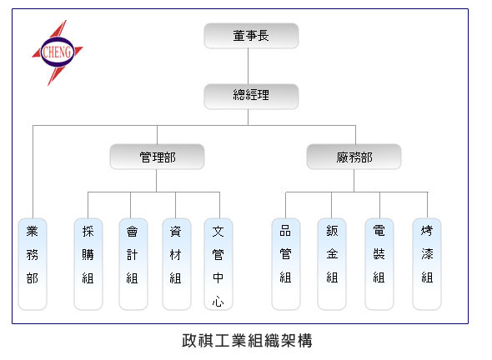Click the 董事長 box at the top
click(251, 36)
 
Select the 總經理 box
click(251, 97)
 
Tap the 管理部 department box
click(157, 157)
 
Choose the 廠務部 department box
click(354, 157)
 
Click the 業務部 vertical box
click(33, 264)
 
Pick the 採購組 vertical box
click(88, 264)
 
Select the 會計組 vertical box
click(133, 264)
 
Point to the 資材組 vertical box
click(177, 264)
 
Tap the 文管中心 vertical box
click(218, 264)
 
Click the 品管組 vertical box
click(286, 264)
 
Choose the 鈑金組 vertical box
click(332, 264)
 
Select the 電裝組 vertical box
click(379, 264)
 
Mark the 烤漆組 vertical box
click(427, 264)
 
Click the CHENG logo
click(58, 52)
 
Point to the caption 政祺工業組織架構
click(248, 341)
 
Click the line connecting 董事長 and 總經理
click(249, 66)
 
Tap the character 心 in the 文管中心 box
click(218, 302)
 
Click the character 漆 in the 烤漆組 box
click(427, 254)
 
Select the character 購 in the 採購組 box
click(88, 255)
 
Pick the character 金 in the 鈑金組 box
click(332, 254)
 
